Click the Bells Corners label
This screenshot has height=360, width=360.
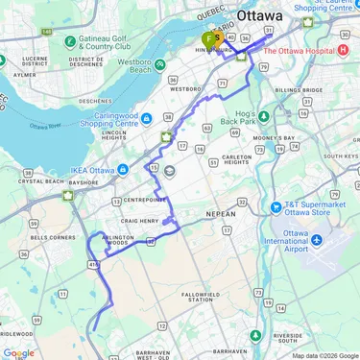(x=47, y=236)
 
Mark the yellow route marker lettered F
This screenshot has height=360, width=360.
(x=208, y=39)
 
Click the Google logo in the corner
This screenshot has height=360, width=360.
(x=19, y=352)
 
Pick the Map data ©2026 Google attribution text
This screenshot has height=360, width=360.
(x=324, y=355)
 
